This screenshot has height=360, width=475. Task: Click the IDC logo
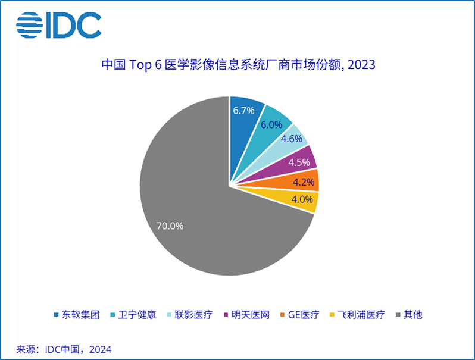coord(58,24)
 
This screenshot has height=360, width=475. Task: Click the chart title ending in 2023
coord(238,65)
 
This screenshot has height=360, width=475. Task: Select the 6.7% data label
coord(243,110)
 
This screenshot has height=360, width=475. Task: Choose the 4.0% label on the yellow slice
coord(301,200)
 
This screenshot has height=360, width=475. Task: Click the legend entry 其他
coord(412,315)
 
